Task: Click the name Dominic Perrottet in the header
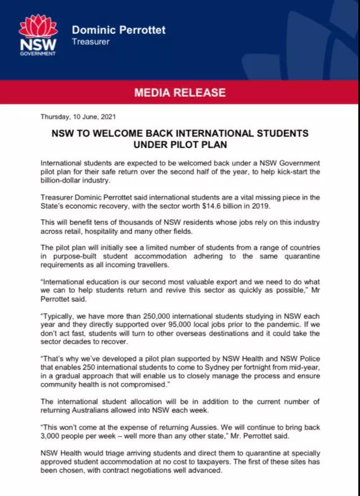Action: (x=119, y=30)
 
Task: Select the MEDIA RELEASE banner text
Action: (x=179, y=92)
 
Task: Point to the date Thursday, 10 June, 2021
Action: (x=78, y=117)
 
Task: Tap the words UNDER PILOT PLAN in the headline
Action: (x=180, y=145)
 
